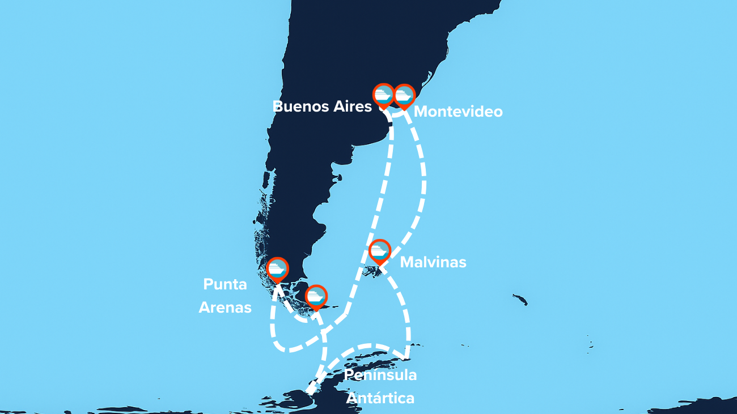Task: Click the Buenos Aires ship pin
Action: click(x=383, y=95)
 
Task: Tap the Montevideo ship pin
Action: click(x=404, y=95)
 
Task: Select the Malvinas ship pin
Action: click(x=379, y=250)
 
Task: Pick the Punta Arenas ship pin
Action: click(x=278, y=269)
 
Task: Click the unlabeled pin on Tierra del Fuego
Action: click(x=316, y=296)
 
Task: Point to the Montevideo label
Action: click(x=458, y=112)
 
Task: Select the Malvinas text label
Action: click(x=433, y=262)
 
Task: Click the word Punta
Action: click(x=225, y=284)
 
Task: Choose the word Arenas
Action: click(x=225, y=308)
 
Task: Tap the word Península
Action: click(x=381, y=375)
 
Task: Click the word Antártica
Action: click(x=380, y=398)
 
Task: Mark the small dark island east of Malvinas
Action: click(x=520, y=299)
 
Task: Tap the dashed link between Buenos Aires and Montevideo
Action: click(x=395, y=115)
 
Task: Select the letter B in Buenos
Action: click(x=278, y=106)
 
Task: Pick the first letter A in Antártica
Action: click(x=352, y=398)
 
